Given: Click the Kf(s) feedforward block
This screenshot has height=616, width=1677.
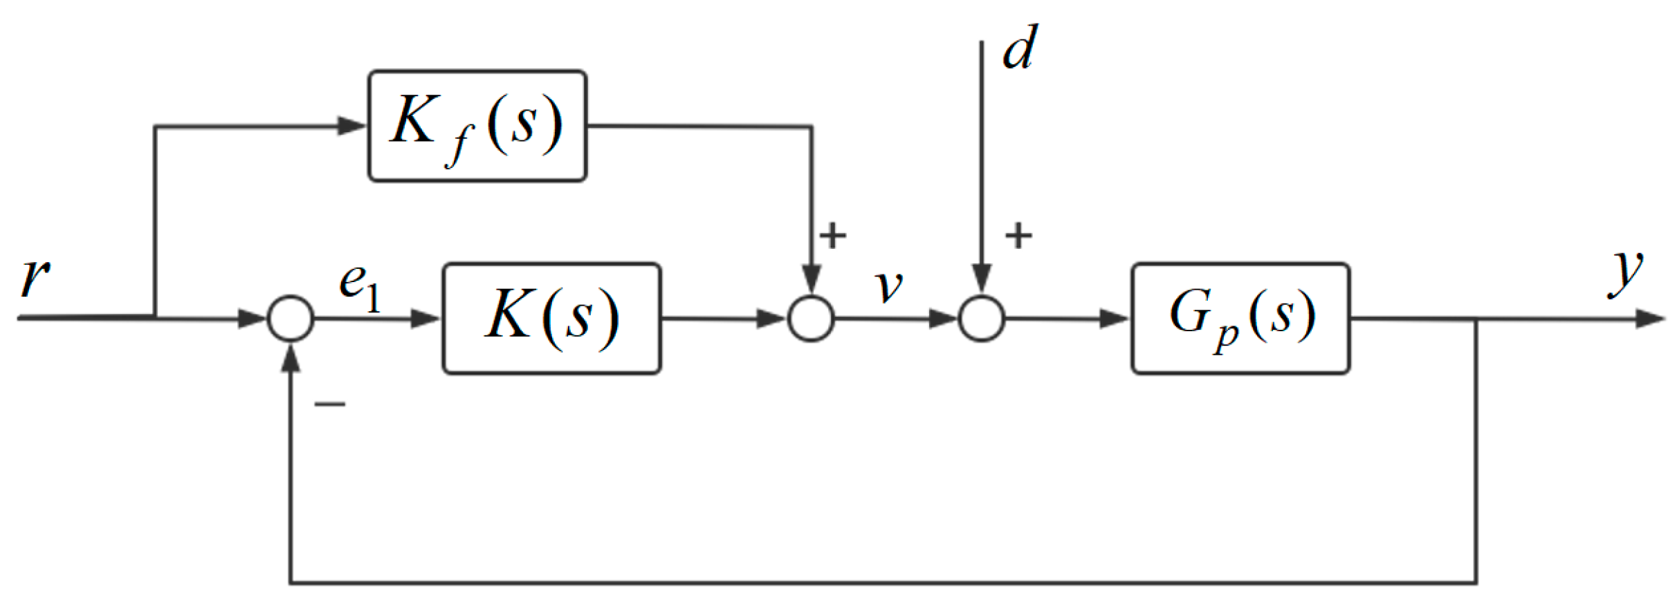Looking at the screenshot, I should coord(477,127).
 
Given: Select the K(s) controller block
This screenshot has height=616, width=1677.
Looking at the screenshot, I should coord(551,319).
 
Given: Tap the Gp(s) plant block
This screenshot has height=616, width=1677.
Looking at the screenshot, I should coord(1240,319).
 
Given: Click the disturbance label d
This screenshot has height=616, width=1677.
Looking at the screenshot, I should coord(1020,48).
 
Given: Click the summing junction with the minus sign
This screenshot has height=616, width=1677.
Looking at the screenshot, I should coord(291,319).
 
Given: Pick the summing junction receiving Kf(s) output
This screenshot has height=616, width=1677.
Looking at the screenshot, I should coord(811,319).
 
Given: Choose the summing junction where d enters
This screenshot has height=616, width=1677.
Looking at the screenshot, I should coord(981,319).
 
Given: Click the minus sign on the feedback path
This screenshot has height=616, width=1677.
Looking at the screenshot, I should coord(330,404).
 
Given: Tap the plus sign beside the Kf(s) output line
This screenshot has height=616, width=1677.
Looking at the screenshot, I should coord(833,236).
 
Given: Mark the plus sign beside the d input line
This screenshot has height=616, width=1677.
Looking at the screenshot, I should coord(1018,236).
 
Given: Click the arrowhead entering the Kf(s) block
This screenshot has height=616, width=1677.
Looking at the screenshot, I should coord(352,126).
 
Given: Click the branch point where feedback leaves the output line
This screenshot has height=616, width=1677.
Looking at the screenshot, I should coord(1476,319).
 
